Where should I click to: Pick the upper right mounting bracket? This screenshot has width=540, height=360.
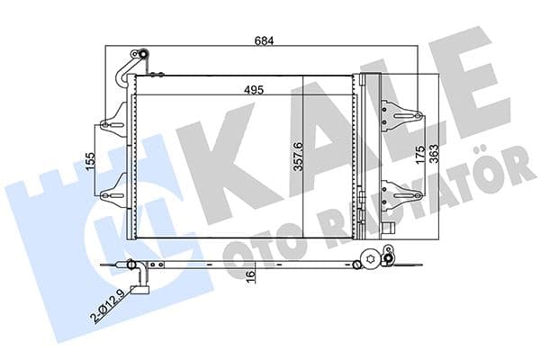coord(402,114)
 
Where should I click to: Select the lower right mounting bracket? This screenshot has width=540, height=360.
coord(402,191)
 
